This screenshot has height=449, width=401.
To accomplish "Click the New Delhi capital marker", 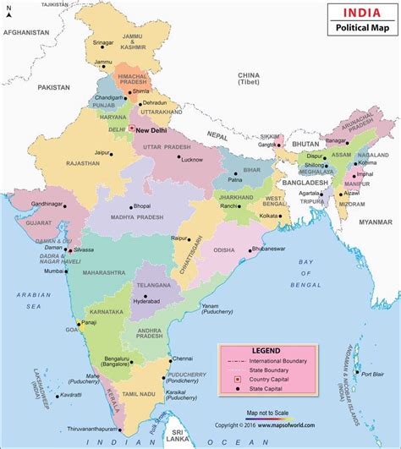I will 132,129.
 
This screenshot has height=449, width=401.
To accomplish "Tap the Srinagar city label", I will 103,41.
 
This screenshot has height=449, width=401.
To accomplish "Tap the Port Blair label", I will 372,373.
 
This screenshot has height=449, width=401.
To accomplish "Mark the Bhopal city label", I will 145,206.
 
